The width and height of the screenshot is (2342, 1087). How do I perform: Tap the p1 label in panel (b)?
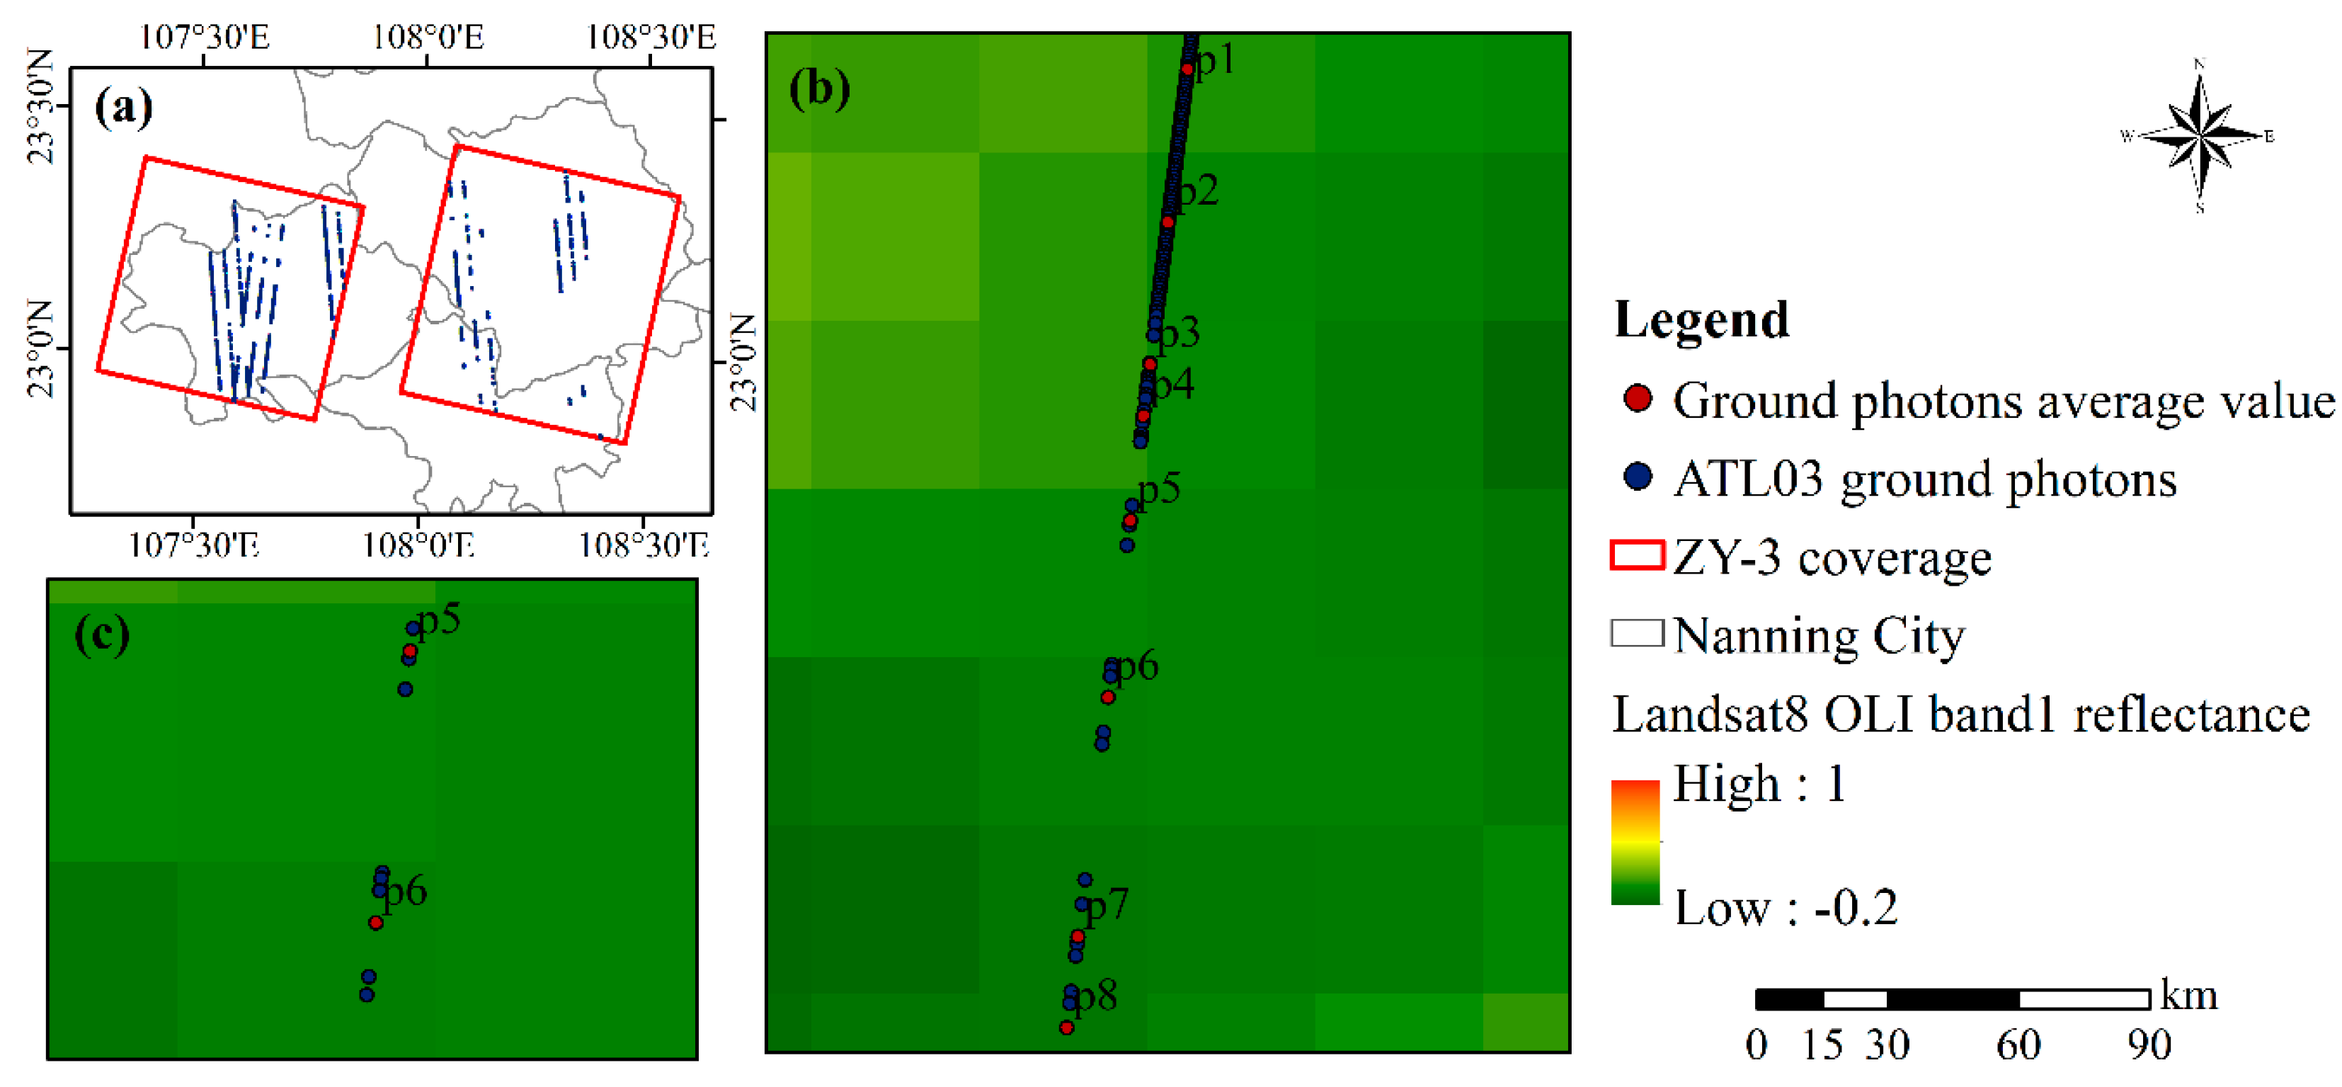[x=1216, y=60]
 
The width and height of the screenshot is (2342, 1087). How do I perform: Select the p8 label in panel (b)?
[x=1097, y=996]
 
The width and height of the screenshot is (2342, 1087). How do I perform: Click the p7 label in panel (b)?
[x=1107, y=905]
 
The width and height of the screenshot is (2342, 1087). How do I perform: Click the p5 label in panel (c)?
[x=439, y=620]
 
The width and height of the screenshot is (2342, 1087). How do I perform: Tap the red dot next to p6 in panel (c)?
[x=375, y=923]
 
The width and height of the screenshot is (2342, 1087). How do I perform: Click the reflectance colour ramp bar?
[x=1635, y=841]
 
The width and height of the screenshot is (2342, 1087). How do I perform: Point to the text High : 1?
[x=1759, y=783]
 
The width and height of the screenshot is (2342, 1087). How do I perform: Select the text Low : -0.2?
[x=1786, y=908]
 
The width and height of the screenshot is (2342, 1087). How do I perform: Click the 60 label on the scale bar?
[x=2018, y=1045]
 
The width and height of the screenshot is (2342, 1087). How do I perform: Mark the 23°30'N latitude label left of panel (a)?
[x=41, y=106]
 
